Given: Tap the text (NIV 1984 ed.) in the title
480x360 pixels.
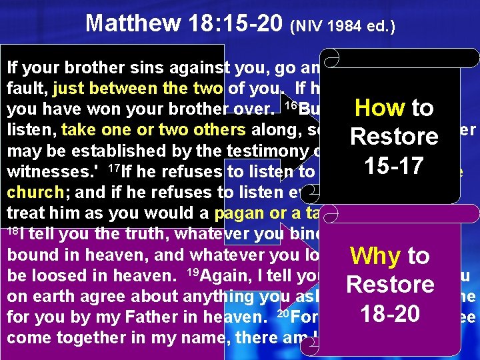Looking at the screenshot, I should (343, 27).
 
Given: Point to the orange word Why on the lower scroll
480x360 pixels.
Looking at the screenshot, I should (376, 255).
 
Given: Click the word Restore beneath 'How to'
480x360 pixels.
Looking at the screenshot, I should (395, 137).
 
